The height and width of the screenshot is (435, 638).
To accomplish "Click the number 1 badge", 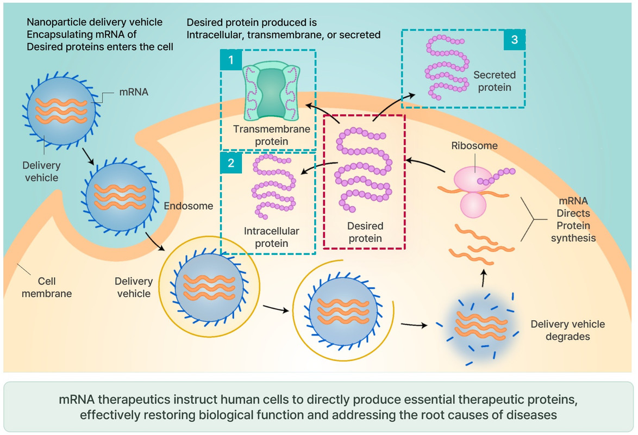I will (231, 60).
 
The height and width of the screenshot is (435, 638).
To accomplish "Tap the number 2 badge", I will (231, 164).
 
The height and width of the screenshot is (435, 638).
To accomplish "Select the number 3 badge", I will (514, 39).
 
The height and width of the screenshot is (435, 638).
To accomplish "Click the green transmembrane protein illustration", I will (270, 92).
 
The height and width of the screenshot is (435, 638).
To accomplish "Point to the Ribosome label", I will (474, 146).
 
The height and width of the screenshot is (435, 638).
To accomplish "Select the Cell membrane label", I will (47, 288).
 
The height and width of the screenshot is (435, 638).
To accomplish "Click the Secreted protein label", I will (494, 81).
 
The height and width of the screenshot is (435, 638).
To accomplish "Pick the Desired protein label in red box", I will (365, 232).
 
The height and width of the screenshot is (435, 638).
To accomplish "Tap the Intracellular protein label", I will (272, 237).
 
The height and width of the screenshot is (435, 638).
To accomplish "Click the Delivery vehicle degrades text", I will (567, 330).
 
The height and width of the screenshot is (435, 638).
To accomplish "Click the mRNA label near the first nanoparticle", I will (134, 92).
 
